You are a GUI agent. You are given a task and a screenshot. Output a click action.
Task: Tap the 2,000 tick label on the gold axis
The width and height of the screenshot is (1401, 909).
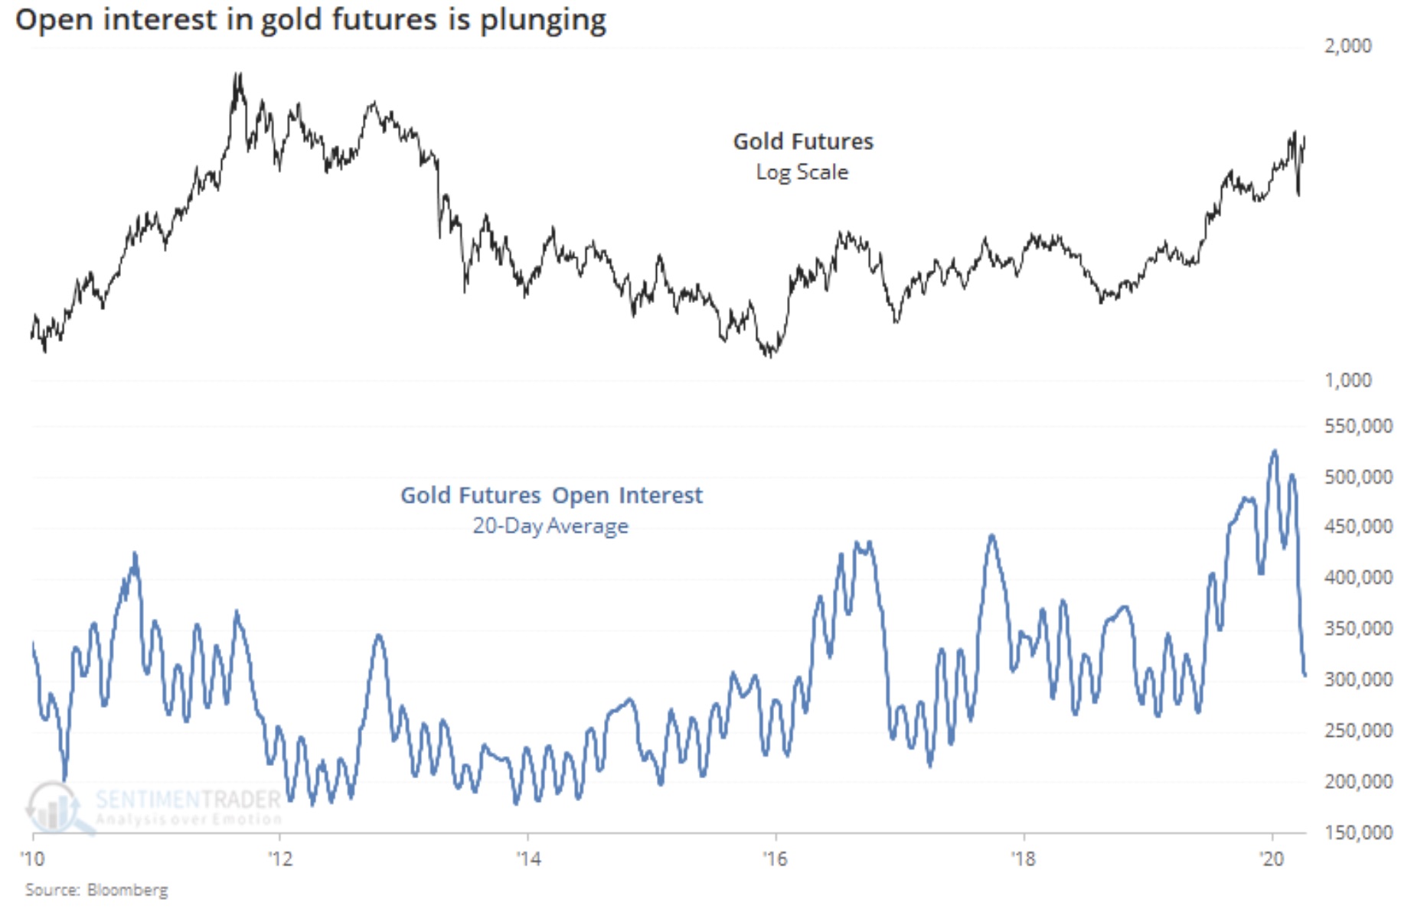[1347, 46]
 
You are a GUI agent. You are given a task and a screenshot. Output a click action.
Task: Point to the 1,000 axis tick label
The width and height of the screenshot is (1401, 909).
[1347, 380]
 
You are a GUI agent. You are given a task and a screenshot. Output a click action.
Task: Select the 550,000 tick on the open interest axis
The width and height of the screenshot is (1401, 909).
[1358, 426]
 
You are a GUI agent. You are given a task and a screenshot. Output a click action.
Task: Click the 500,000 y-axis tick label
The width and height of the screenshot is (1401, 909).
[1358, 477]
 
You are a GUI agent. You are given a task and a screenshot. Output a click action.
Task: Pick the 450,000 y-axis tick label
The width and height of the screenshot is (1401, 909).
[1358, 526]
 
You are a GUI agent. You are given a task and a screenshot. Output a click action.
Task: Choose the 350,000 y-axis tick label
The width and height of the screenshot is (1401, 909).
[1358, 628]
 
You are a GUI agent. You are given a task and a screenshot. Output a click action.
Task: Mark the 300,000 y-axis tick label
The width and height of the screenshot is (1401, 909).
[1358, 679]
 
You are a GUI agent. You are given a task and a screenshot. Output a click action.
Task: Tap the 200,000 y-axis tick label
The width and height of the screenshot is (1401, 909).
[1358, 781]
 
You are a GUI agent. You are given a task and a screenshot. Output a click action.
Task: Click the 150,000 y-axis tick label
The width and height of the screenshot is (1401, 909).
[1358, 832]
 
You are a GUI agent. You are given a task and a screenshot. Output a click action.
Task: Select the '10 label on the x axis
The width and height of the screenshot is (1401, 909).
[33, 858]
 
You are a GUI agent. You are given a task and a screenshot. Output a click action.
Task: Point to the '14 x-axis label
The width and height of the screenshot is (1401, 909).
[528, 858]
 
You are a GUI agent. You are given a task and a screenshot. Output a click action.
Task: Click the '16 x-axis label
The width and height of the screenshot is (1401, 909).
[776, 858]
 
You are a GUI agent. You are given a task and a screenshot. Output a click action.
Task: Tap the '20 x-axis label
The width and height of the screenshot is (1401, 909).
[1272, 858]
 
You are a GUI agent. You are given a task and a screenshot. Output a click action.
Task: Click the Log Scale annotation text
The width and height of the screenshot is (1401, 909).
[802, 172]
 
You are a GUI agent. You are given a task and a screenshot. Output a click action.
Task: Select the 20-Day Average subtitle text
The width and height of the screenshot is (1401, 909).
[550, 526]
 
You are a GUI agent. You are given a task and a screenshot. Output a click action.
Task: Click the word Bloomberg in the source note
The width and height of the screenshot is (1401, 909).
[127, 890]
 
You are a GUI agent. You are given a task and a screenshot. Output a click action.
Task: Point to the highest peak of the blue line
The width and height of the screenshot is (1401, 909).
[1275, 451]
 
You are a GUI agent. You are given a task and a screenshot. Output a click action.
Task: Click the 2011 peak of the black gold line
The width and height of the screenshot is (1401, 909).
[238, 75]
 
